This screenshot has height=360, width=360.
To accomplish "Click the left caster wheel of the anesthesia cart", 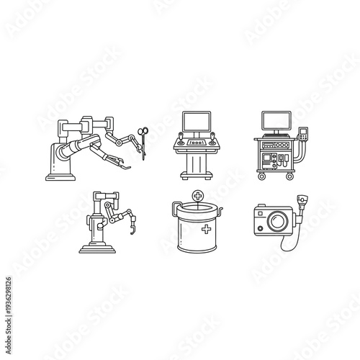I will (x=257, y=176).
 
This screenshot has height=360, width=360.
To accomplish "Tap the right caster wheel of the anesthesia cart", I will (x=294, y=176).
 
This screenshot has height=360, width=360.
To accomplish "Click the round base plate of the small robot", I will (x=98, y=249).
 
